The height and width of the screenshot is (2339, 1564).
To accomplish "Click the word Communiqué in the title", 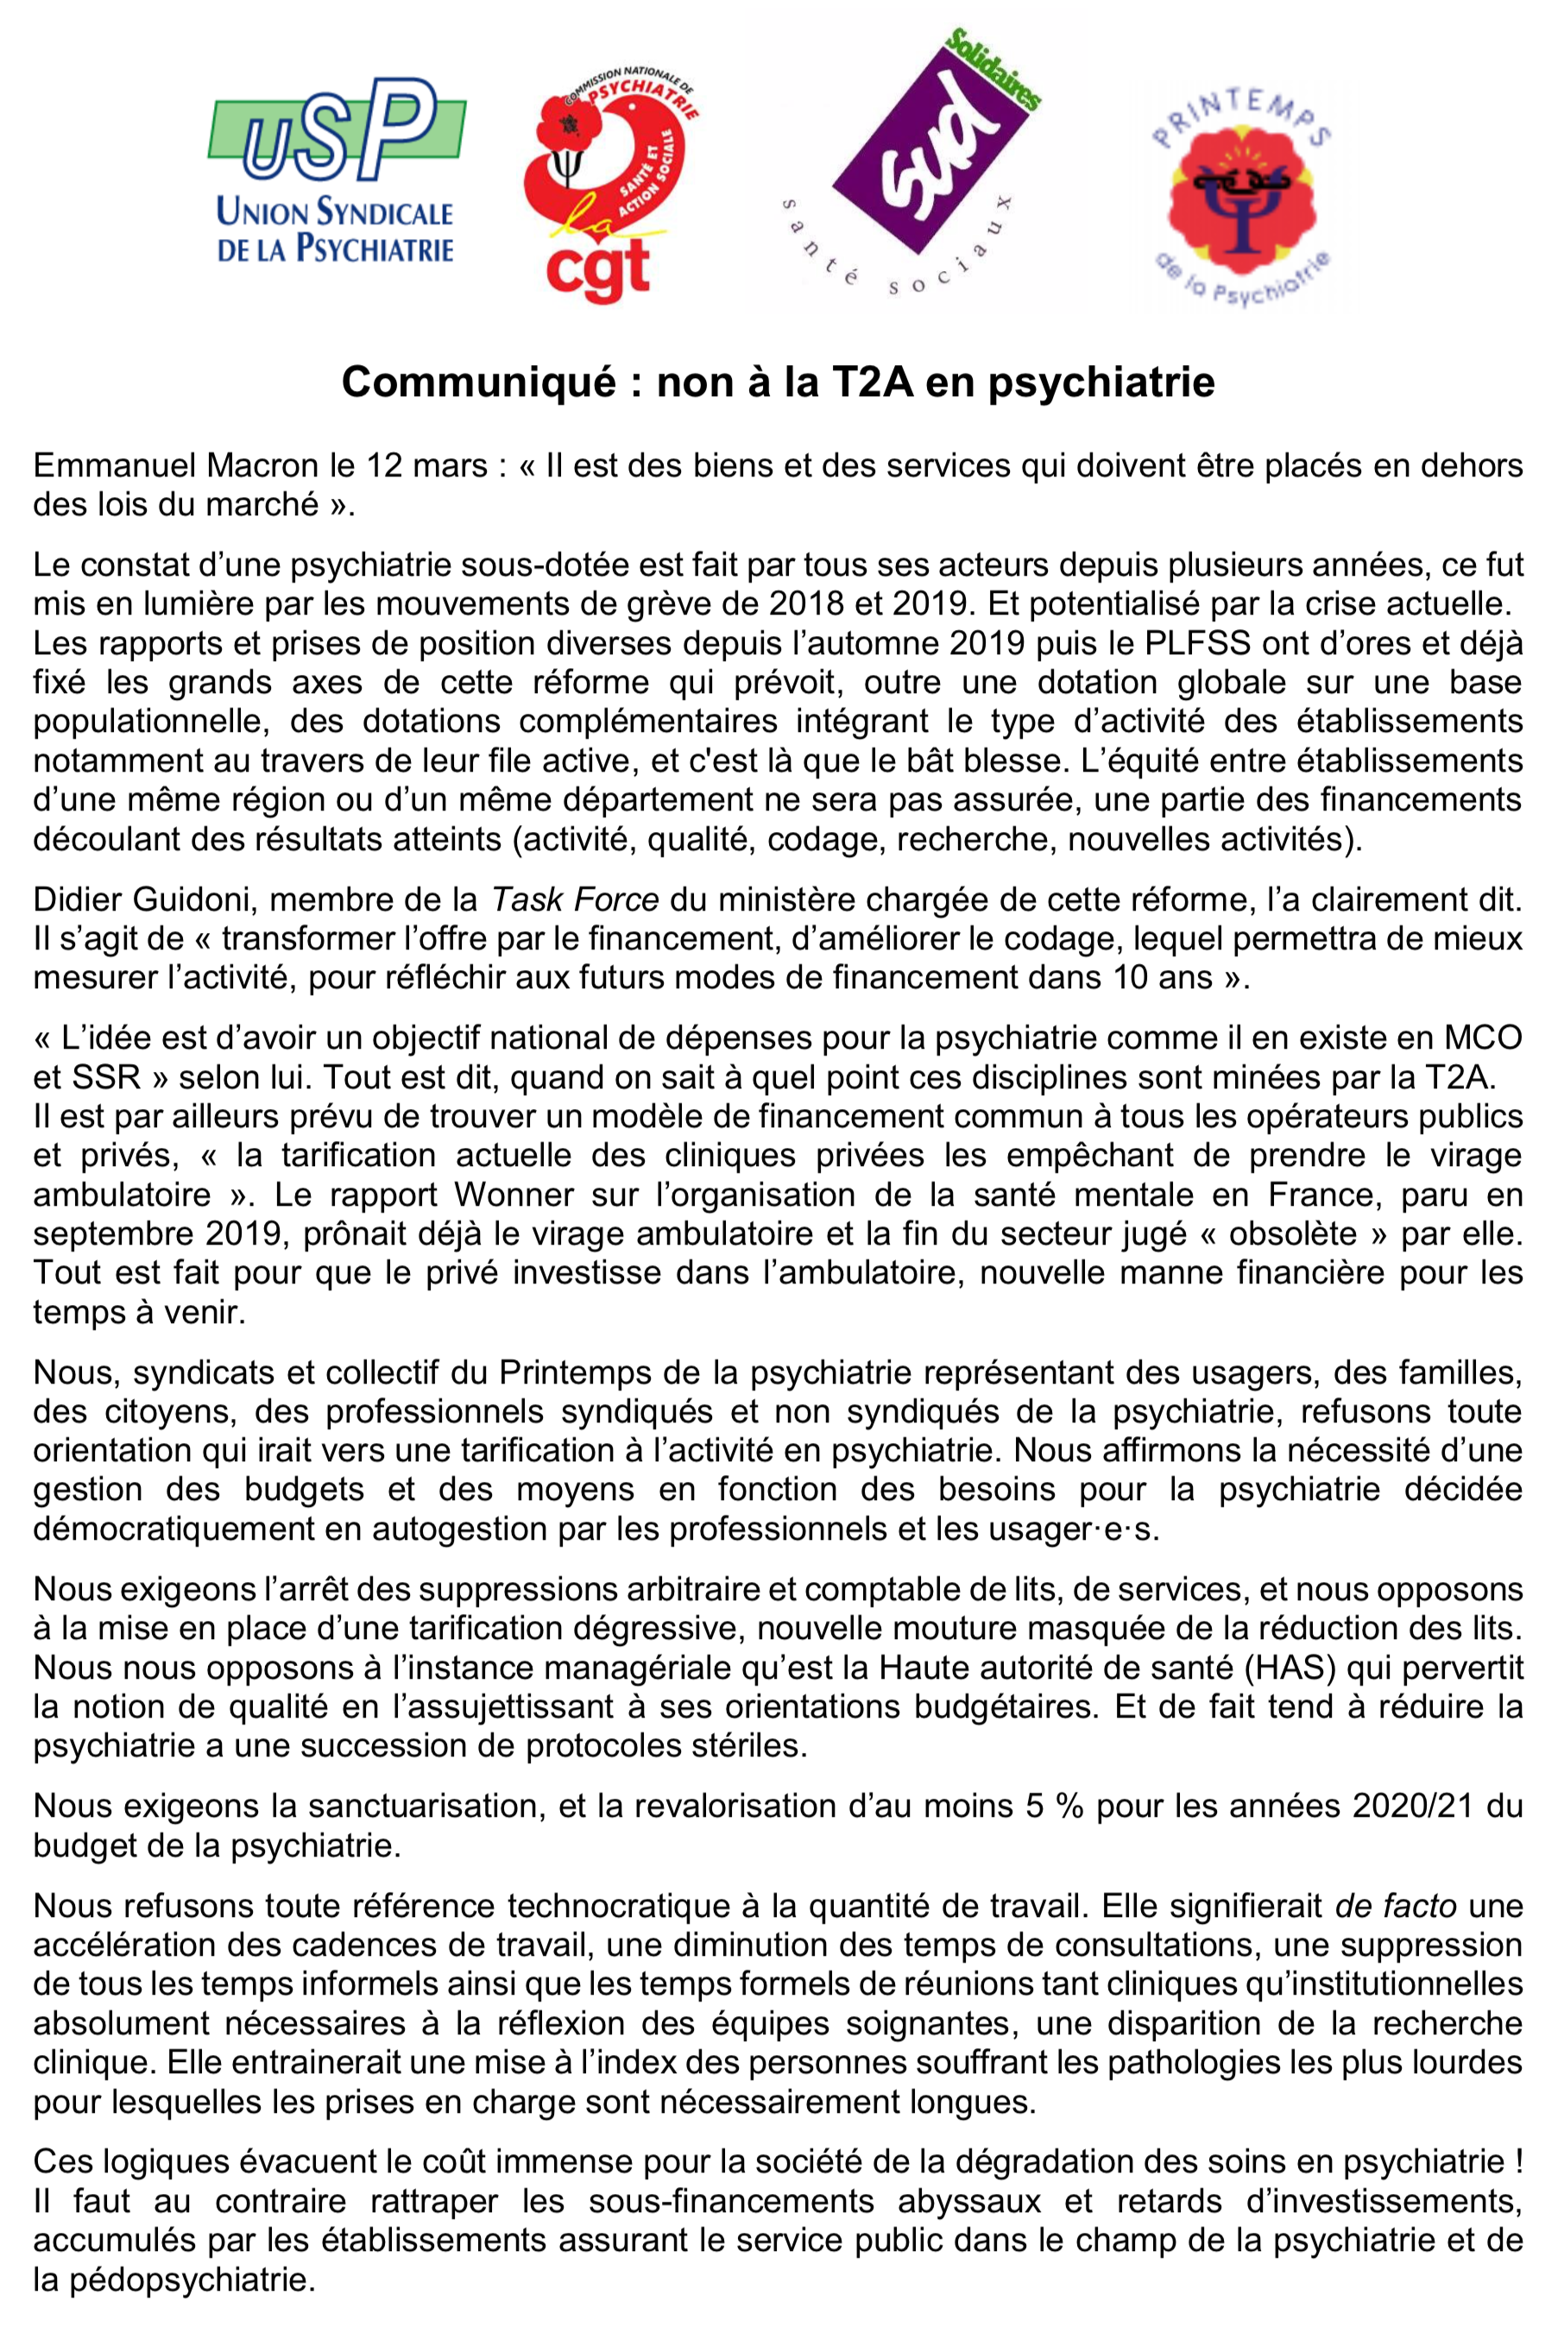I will tap(479, 382).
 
